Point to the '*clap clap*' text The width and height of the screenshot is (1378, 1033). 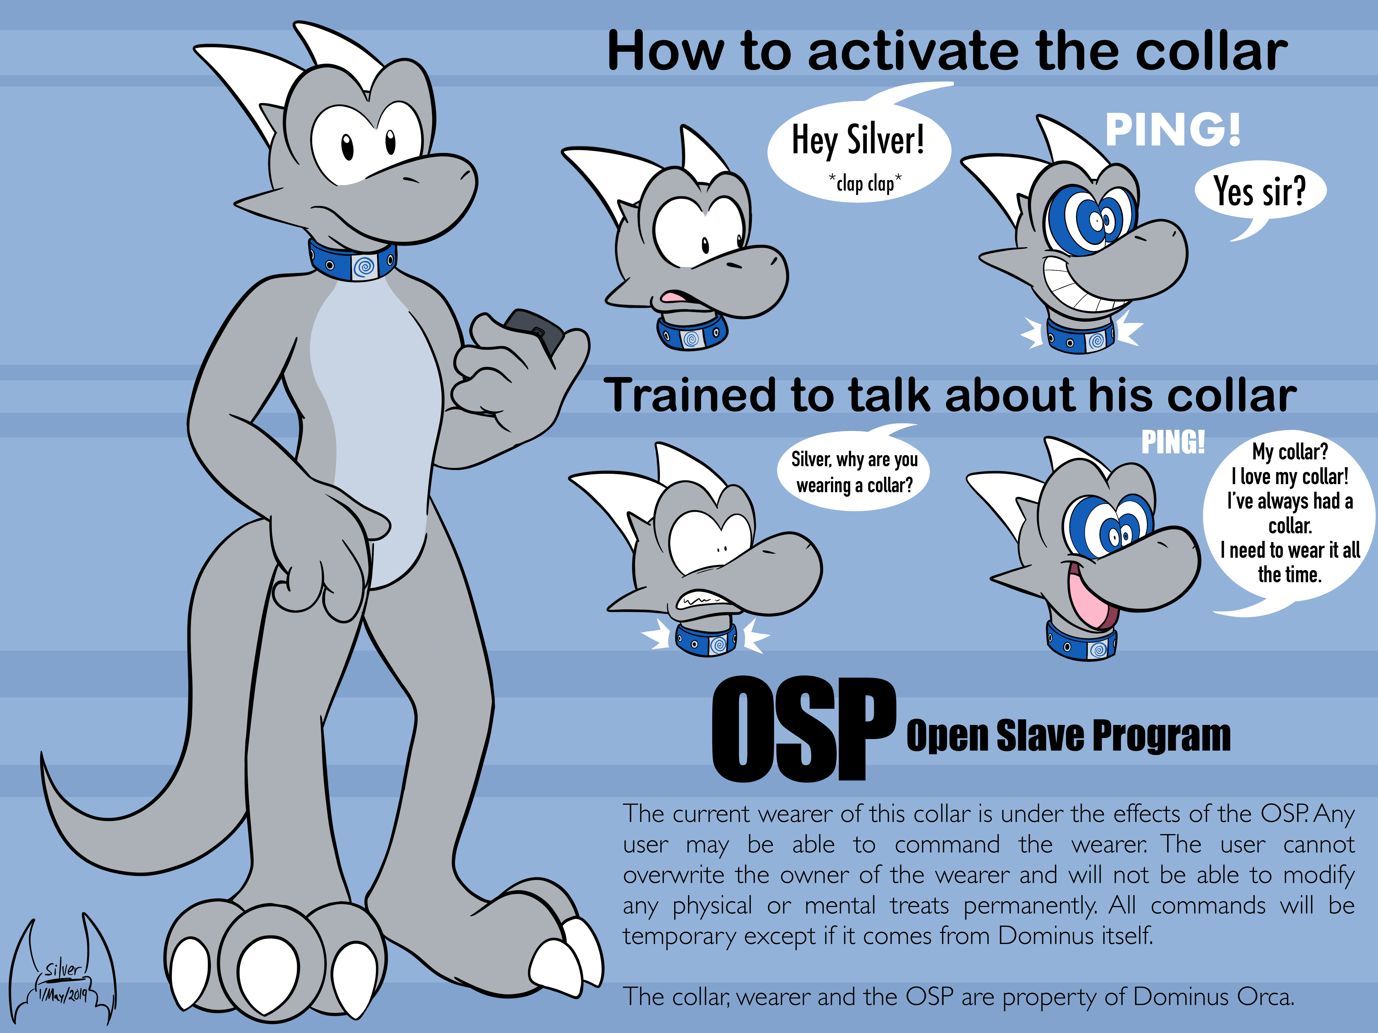865,183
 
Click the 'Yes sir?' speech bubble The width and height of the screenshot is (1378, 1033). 1260,191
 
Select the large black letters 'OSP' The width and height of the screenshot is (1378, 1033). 804,729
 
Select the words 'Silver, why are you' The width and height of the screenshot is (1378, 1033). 854,460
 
